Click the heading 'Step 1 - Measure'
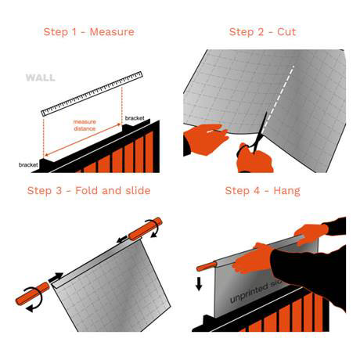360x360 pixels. [x=88, y=32]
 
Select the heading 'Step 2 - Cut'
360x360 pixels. [x=262, y=32]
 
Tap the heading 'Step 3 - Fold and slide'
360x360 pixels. [x=88, y=190]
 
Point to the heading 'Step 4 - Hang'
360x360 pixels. [x=262, y=190]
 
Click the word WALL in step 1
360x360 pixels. [x=40, y=78]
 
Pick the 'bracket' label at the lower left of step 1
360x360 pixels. [x=29, y=165]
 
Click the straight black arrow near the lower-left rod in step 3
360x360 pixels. [x=56, y=276]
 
